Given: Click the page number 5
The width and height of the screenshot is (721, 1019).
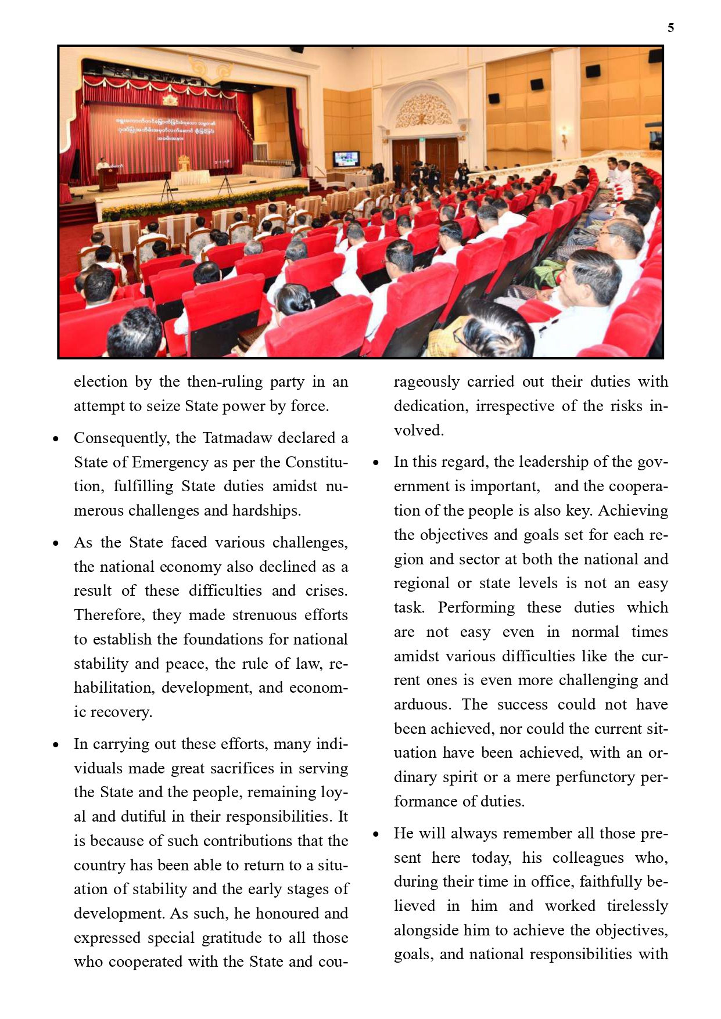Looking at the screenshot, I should [670, 28].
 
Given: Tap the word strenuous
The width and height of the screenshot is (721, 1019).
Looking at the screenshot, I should [265, 615].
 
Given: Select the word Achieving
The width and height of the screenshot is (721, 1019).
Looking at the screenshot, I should [633, 510].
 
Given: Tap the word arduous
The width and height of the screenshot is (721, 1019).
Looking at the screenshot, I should [422, 704].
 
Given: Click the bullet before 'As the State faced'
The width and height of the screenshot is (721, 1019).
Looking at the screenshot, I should [56, 543].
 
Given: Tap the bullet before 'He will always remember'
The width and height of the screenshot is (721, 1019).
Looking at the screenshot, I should [376, 834].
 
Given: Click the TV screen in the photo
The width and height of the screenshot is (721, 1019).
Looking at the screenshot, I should [346, 158].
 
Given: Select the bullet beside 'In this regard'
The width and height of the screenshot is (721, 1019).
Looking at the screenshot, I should [376, 463].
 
